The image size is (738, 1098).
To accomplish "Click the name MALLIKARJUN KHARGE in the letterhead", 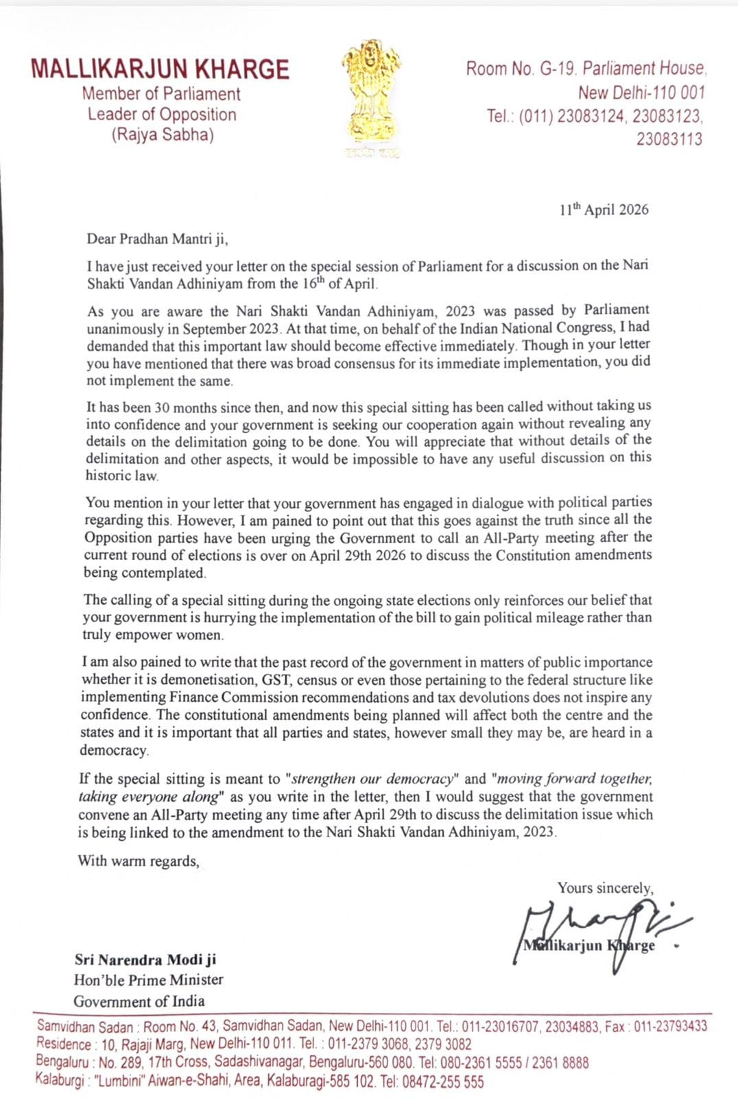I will click(x=160, y=69).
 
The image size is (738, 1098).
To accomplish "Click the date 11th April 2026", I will click(x=604, y=210).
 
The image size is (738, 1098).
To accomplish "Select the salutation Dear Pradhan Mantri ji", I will click(x=157, y=239).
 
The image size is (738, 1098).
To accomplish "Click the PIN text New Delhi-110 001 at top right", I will click(x=641, y=93).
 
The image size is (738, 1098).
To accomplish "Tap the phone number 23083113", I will click(x=669, y=139).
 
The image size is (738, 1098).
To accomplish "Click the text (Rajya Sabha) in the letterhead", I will click(x=163, y=135).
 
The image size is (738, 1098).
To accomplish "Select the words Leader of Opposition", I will click(x=162, y=115).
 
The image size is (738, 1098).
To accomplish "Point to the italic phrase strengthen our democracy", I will click(x=372, y=779).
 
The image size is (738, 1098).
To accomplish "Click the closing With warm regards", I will click(x=139, y=861).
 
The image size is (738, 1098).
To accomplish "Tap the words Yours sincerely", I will click(x=605, y=888).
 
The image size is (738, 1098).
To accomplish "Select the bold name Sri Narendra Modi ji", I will click(x=145, y=959).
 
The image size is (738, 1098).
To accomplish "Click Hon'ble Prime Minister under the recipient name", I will click(x=149, y=980).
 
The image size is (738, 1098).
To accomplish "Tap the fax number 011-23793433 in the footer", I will click(x=670, y=1027).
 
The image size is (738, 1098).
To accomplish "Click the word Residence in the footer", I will click(x=64, y=1044).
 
